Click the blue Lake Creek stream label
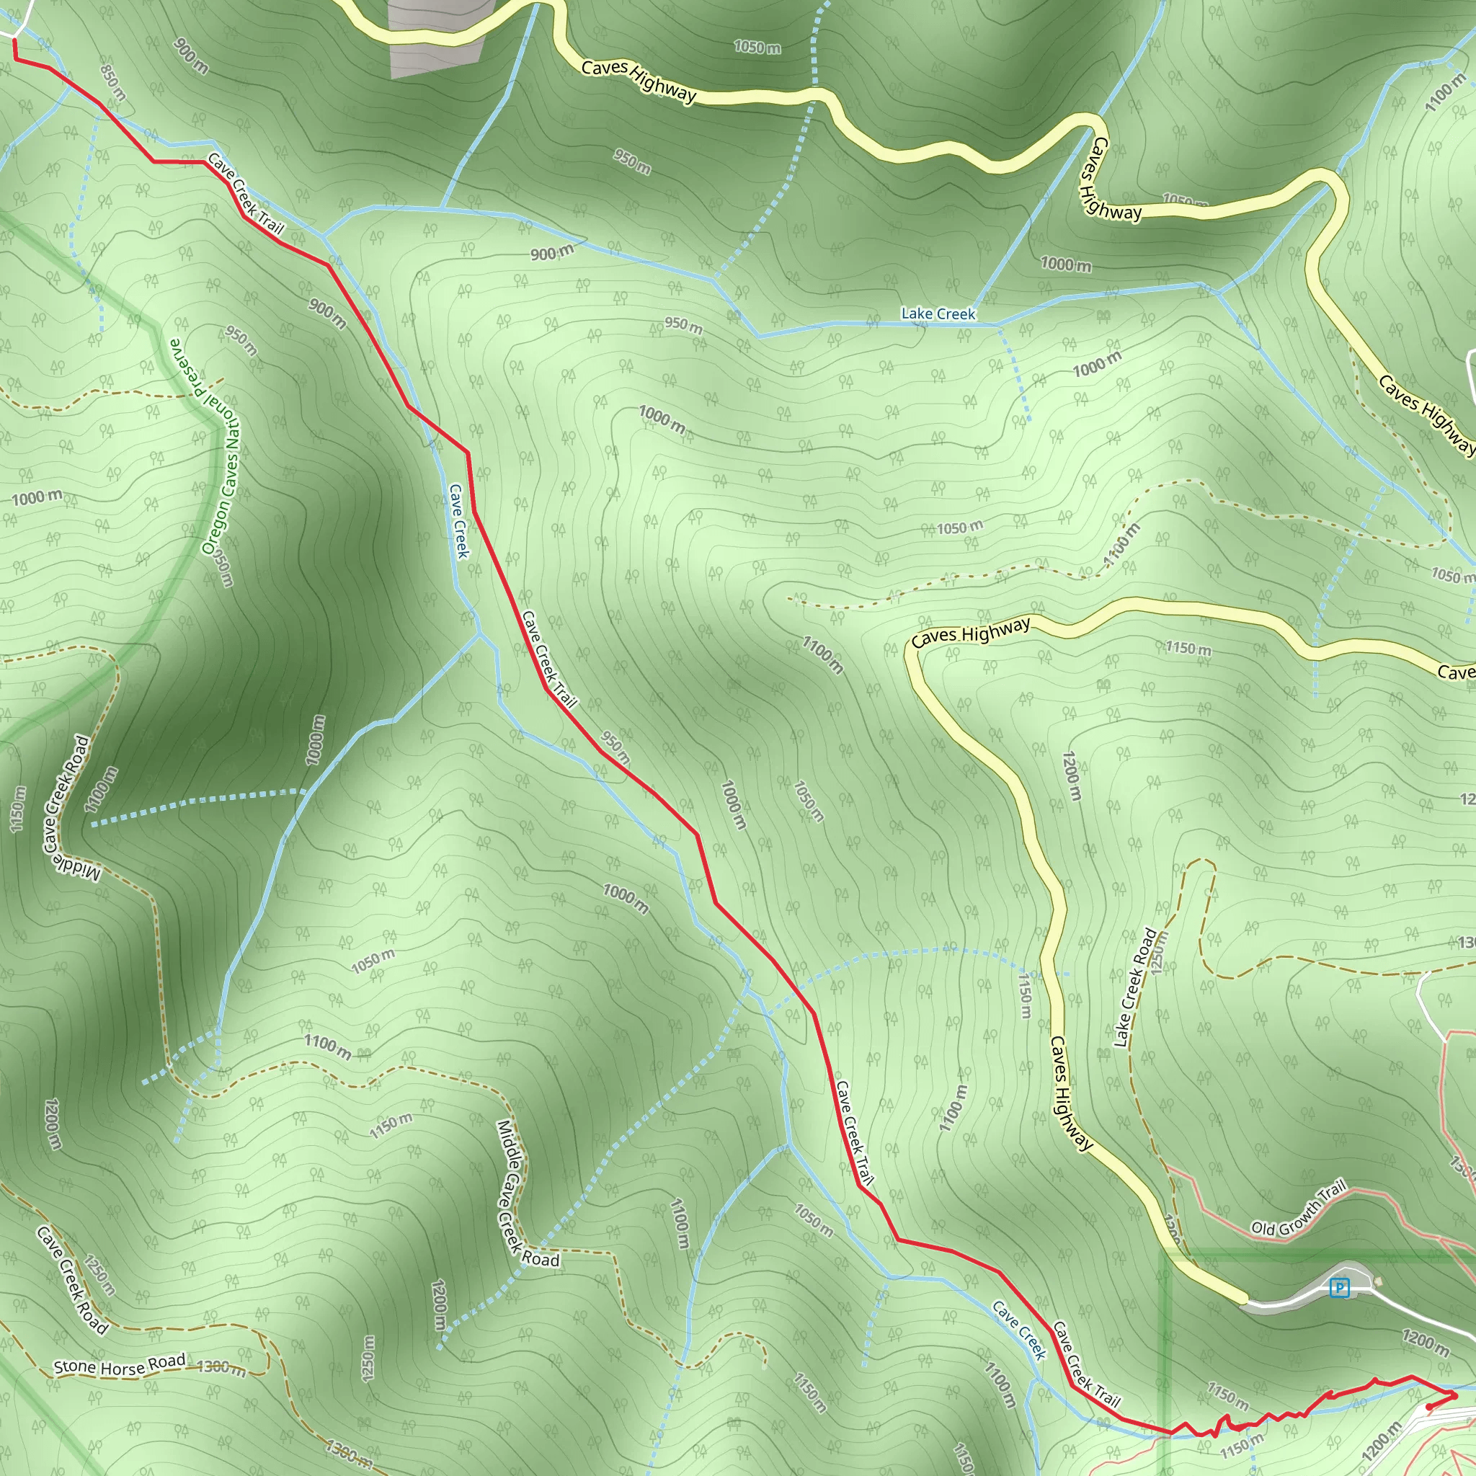coord(938,314)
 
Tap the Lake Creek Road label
coord(1134,988)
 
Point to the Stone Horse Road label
coord(120,1364)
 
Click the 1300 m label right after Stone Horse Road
coord(221,1367)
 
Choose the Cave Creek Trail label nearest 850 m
coord(245,194)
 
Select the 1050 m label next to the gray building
coord(757,48)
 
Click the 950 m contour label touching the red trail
coord(615,749)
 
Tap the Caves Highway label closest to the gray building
coord(639,81)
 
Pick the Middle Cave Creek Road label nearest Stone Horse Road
coord(527,1195)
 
